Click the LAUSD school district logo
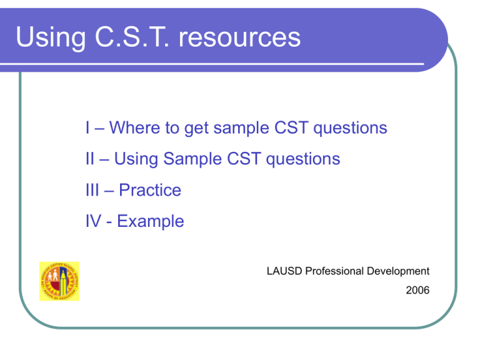click(x=59, y=281)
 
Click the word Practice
click(x=149, y=190)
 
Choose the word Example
click(x=153, y=221)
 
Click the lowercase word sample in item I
click(x=243, y=129)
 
